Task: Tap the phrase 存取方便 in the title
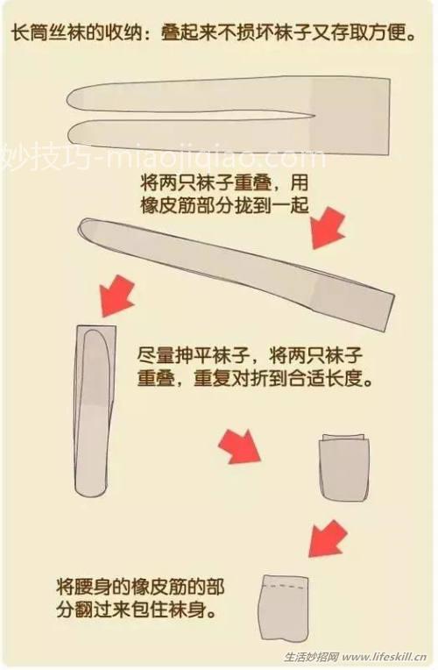[x=378, y=36]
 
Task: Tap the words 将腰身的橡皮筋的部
[x=131, y=585]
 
